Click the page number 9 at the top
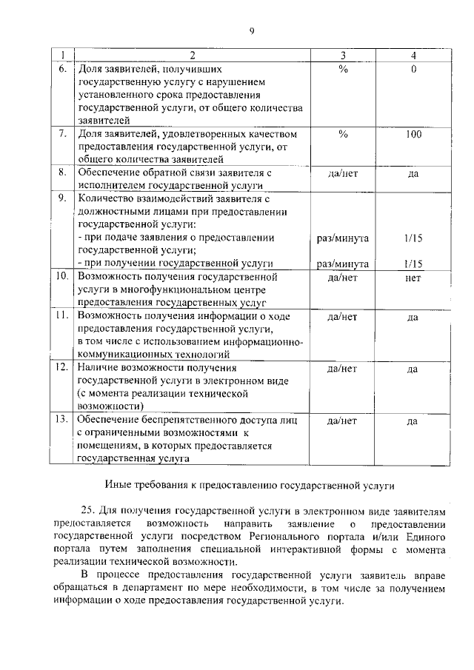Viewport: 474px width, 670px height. click(251, 30)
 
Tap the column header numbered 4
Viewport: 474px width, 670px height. click(413, 56)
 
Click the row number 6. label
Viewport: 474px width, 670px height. click(64, 69)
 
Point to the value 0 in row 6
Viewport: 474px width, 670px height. click(413, 69)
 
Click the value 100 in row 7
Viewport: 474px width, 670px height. click(413, 134)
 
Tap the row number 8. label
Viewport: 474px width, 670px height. click(64, 172)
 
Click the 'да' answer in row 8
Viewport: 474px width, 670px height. click(413, 174)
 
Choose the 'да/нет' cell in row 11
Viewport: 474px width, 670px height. click(342, 317)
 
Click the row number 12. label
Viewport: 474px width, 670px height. click(63, 367)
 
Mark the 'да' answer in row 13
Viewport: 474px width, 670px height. click(413, 421)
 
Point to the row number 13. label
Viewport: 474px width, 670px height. click(63, 420)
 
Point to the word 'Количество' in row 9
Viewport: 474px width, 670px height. click(103, 198)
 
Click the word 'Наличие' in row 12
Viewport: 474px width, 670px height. click(97, 367)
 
